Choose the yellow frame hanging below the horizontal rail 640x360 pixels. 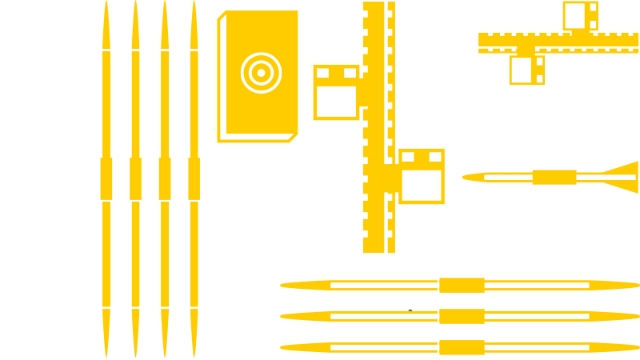pyautogui.click(x=526, y=70)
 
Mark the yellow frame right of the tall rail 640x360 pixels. pyautogui.click(x=422, y=176)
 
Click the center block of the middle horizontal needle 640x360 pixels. pyautogui.click(x=462, y=316)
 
